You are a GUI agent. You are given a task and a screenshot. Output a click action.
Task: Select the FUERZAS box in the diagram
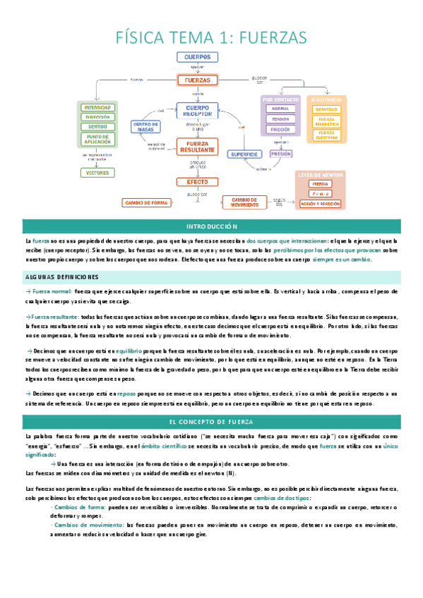tap(197, 80)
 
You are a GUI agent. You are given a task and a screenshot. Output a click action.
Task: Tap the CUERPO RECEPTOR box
tap(198, 110)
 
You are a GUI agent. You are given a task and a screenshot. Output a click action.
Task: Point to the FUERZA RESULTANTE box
tap(198, 147)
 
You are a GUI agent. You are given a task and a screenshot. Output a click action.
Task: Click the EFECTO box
tap(198, 181)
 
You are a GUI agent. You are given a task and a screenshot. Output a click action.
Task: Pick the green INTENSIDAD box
tap(97, 107)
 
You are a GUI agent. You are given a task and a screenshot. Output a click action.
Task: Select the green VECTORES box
tap(97, 172)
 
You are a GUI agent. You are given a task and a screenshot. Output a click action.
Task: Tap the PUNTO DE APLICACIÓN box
tap(97, 140)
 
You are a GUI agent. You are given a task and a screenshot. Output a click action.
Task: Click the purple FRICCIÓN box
tap(280, 130)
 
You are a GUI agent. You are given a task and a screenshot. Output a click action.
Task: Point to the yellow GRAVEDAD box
tap(326, 109)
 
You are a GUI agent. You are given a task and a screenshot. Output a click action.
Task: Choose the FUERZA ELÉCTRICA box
tap(326, 134)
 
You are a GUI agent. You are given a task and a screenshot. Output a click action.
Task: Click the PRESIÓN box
tap(281, 153)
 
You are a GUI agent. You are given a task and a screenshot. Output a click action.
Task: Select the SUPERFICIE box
tap(243, 154)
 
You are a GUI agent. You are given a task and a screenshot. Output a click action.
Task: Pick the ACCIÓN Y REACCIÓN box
tap(320, 203)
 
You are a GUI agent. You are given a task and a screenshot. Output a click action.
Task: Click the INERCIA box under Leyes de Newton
tap(320, 183)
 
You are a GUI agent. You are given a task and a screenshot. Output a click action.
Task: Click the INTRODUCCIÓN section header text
tap(211, 226)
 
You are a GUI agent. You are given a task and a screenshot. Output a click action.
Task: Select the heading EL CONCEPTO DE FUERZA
tap(211, 422)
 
